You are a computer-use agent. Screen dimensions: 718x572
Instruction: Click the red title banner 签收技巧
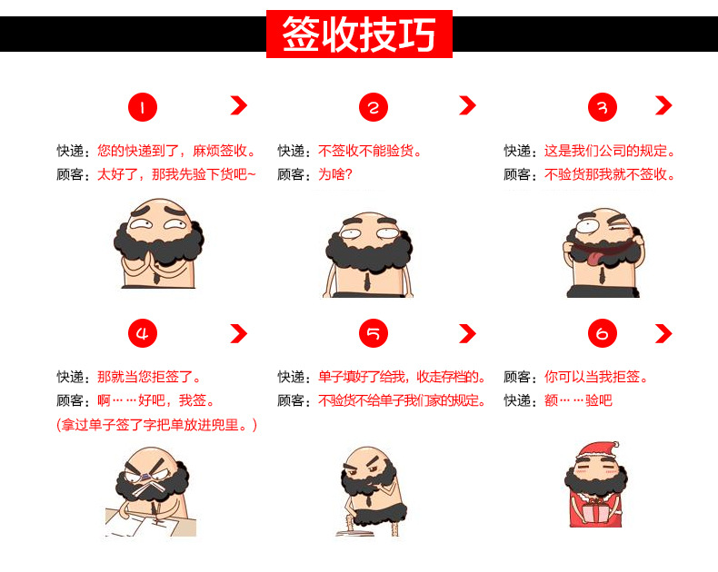point(360,34)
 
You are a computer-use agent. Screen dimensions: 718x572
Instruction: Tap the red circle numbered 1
point(143,107)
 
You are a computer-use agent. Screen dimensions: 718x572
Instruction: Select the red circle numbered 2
point(374,107)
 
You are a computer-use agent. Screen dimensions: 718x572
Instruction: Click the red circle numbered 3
point(603,107)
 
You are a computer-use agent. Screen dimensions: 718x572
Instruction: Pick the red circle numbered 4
point(143,333)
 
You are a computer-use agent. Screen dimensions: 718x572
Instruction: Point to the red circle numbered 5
point(374,333)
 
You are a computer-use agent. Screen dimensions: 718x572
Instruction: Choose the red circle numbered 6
point(603,333)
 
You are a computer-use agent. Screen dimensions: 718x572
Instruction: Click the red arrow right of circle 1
point(239,105)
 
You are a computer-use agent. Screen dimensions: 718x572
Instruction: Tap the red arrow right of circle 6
point(663,333)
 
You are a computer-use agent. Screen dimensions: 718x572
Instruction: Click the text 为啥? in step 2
point(335,174)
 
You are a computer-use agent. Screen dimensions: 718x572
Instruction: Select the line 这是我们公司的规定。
point(610,151)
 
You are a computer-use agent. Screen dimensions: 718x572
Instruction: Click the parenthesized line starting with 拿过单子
point(156,425)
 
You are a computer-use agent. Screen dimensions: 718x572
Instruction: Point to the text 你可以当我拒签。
point(596,377)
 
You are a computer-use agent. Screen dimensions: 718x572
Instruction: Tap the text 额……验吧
point(578,401)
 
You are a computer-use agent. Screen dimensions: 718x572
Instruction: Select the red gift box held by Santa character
point(595,511)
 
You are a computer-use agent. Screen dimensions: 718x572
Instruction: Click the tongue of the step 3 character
point(592,257)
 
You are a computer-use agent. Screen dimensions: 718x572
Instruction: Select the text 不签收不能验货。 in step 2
point(370,151)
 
